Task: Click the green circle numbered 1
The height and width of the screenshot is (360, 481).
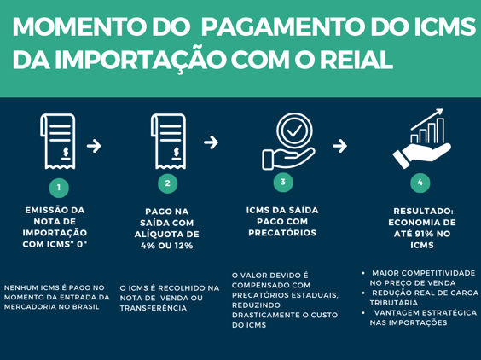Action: coord(59,188)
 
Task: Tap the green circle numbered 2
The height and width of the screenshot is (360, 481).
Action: coord(167,183)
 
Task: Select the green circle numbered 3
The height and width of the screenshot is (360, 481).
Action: coord(283,182)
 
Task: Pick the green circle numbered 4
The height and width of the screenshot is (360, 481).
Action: coord(420,183)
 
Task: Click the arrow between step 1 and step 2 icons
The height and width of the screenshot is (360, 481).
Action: coord(94,146)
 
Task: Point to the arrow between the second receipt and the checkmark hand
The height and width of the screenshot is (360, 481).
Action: coord(211,142)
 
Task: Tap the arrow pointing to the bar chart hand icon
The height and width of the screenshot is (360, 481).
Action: coord(339,146)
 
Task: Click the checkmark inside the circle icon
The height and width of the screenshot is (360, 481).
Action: coord(294,131)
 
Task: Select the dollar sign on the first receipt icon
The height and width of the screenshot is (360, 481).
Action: coord(66,152)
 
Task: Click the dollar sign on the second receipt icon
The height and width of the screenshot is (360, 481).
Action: coord(176,152)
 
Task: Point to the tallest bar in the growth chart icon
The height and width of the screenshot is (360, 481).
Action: coord(440,131)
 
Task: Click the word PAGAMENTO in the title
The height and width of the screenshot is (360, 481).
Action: coord(284,26)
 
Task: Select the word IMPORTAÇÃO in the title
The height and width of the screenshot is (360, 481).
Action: coord(141,60)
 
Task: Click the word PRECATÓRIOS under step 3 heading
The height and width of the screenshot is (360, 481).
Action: coord(282,233)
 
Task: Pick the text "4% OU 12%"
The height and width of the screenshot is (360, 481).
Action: coord(167,246)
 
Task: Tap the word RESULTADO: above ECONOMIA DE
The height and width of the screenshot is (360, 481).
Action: coord(423,212)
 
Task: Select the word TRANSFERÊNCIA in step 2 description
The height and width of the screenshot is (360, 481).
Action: coord(154,308)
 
